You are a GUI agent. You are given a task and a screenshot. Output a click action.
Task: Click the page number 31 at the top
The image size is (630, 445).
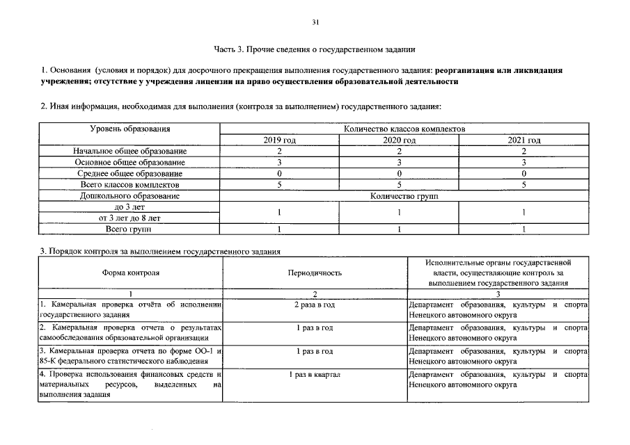coord(315,23)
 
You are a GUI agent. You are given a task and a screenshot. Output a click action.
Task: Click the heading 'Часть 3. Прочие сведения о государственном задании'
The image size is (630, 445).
coord(315,49)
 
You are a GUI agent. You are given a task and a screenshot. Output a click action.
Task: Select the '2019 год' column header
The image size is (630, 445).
coord(279,140)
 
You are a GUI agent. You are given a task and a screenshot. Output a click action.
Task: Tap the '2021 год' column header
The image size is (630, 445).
coord(523,140)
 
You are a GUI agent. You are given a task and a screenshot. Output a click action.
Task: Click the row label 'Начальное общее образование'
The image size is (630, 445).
coord(129,151)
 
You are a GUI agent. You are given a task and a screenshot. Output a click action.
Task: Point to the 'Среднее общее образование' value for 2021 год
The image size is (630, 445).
coord(523,173)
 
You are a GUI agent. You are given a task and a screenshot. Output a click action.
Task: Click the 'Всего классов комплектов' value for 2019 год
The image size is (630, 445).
coord(279,185)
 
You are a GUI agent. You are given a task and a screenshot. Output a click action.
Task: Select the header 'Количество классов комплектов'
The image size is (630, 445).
coord(404,129)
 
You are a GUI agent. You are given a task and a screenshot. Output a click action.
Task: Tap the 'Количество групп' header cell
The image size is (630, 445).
coord(404,196)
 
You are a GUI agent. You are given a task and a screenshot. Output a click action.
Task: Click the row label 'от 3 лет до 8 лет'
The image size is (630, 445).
coord(129,218)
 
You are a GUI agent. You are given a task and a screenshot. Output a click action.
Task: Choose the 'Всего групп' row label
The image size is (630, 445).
coord(129,229)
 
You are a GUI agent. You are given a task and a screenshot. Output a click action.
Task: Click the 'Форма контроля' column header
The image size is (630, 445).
coord(129,273)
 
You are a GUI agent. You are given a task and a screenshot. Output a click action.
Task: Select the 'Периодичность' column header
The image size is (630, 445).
coord(315,273)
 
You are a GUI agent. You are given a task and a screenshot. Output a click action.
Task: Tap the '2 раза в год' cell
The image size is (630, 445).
coord(315,305)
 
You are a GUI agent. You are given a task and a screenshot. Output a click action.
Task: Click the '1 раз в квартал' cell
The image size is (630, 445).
coord(315,375)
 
